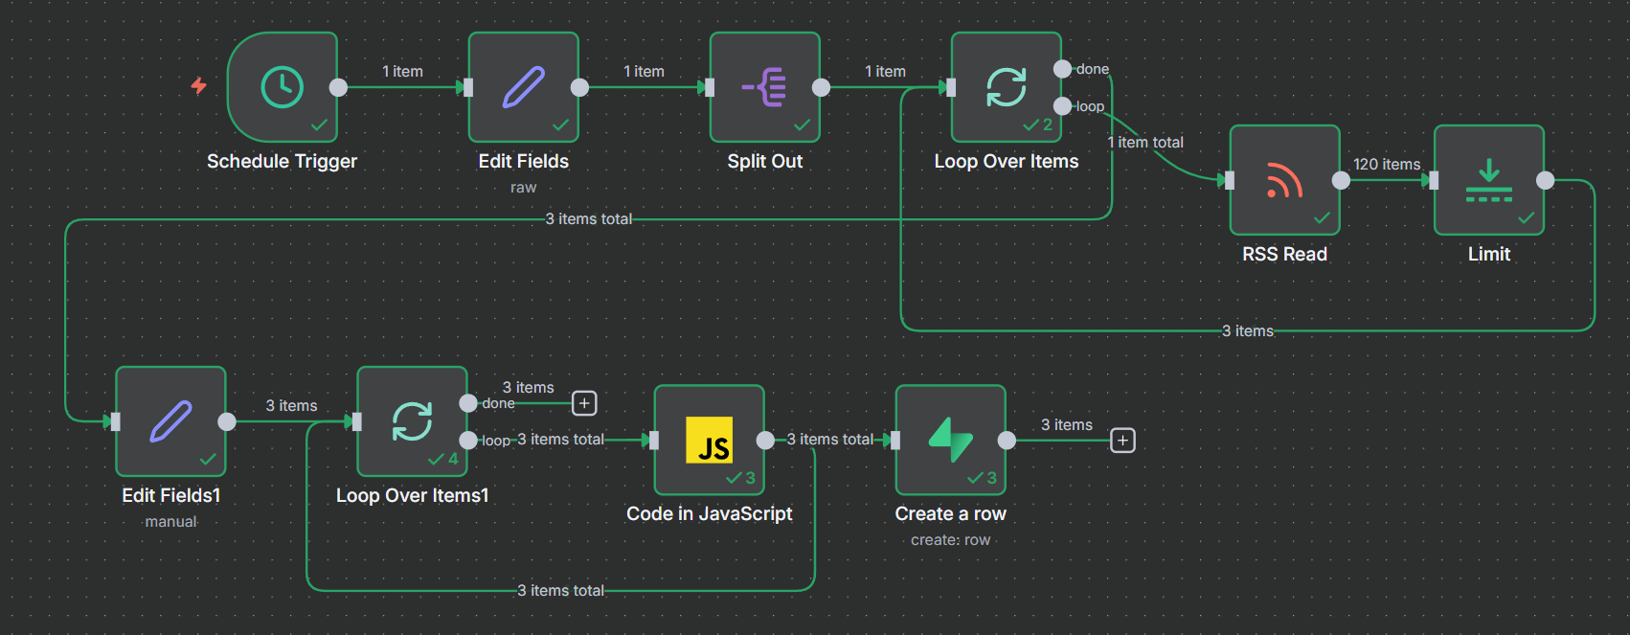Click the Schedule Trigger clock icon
tap(282, 87)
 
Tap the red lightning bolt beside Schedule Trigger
tap(198, 86)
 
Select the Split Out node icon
tap(764, 87)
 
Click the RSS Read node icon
tap(1284, 180)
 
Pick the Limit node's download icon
tap(1489, 180)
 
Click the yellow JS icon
tap(709, 440)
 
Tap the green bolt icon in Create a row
tap(950, 440)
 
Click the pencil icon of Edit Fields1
tap(171, 421)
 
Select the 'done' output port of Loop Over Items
tap(1062, 69)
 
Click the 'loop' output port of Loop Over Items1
tap(468, 440)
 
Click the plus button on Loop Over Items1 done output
tap(584, 403)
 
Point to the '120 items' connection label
tap(1386, 165)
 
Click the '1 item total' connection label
tap(1145, 143)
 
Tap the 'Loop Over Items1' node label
tap(412, 495)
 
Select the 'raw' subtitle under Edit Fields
tap(523, 188)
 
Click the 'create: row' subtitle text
tap(950, 540)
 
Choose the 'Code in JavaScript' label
tap(709, 513)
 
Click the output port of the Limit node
tap(1545, 180)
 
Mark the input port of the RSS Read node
tap(1230, 180)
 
